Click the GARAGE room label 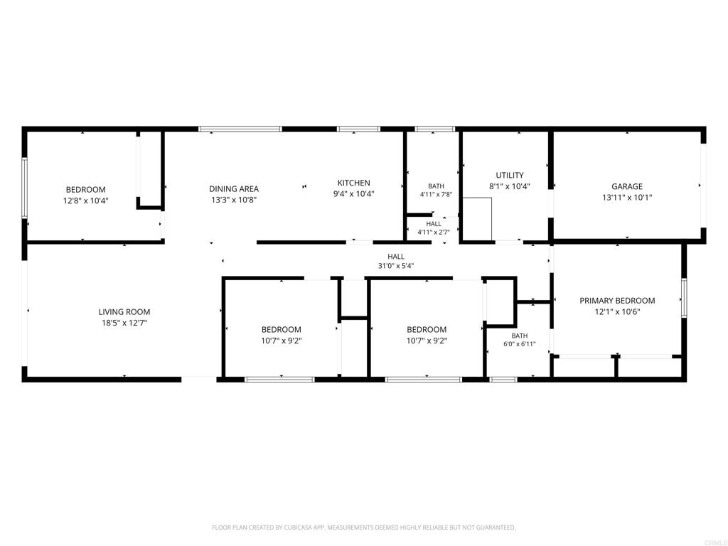pos(627,186)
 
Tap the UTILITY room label pos(509,175)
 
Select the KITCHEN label pos(354,183)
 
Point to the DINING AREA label pos(233,189)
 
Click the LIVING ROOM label pos(124,312)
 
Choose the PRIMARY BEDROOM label pos(617,301)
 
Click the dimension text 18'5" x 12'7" pos(124,323)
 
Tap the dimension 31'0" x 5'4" pos(396,266)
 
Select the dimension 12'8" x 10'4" pos(86,200)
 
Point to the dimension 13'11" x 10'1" pos(627,198)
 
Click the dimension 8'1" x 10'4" pos(509,186)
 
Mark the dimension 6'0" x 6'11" pos(520,344)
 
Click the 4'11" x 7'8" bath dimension pos(436,195)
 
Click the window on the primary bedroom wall pos(684,298)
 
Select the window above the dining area pos(240,129)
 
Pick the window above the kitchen pos(358,129)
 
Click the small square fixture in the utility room pos(477,219)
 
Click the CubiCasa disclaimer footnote pos(363,528)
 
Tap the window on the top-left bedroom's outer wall pos(25,188)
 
